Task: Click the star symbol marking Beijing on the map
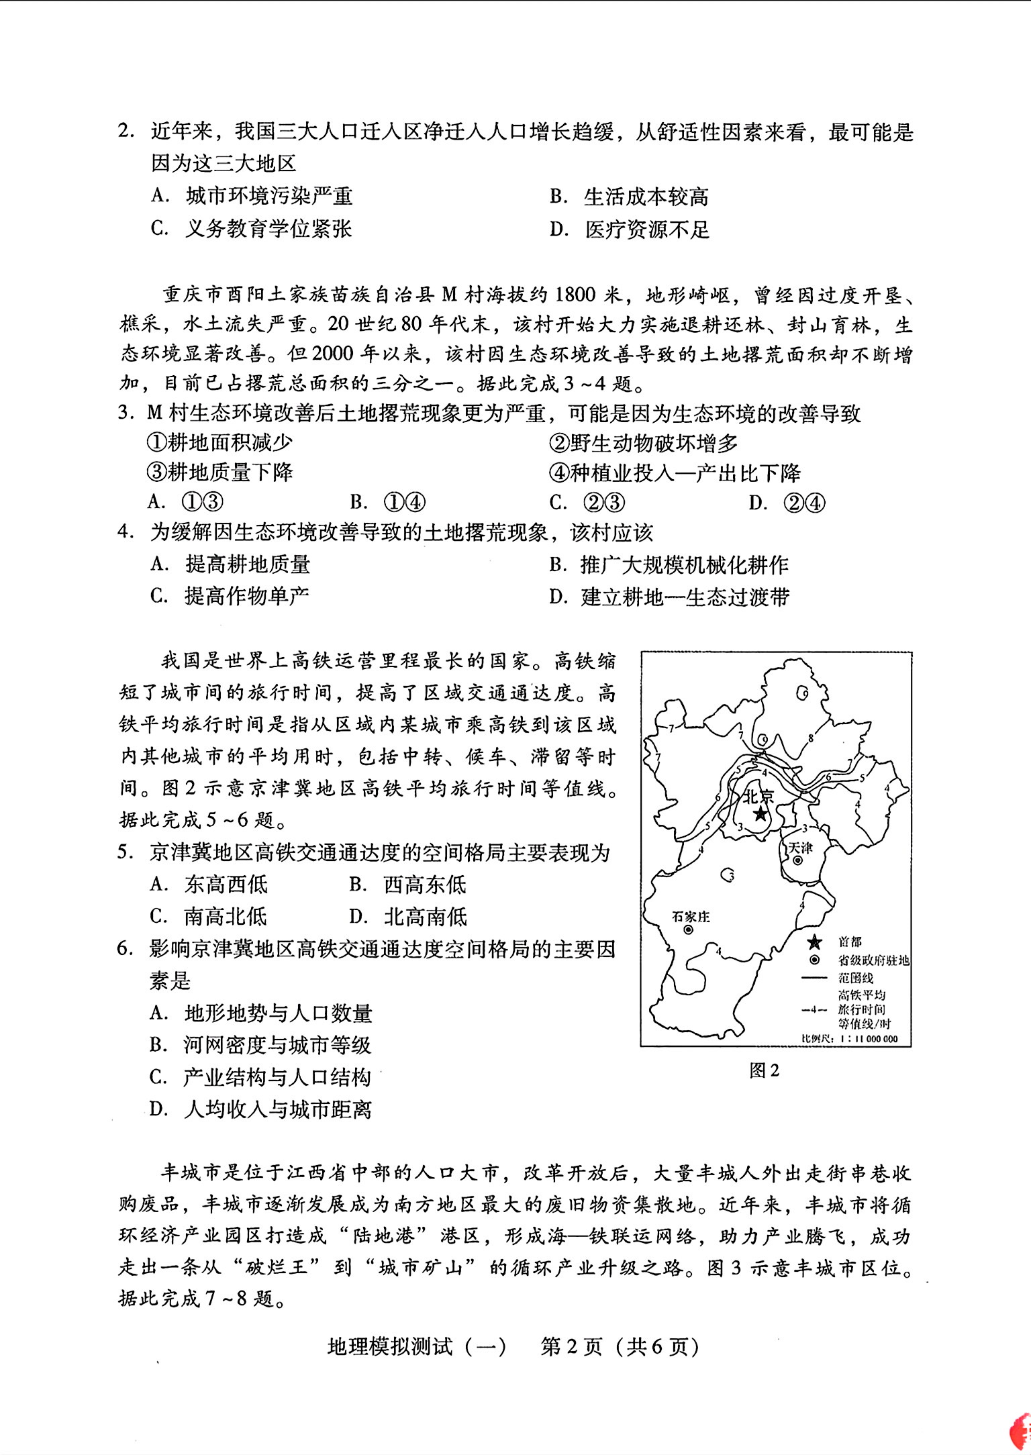point(760,814)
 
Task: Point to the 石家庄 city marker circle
point(688,930)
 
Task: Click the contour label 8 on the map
point(811,738)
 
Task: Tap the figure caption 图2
point(764,1070)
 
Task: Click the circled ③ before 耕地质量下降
point(156,472)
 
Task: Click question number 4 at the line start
point(123,533)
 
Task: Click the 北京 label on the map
point(758,795)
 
